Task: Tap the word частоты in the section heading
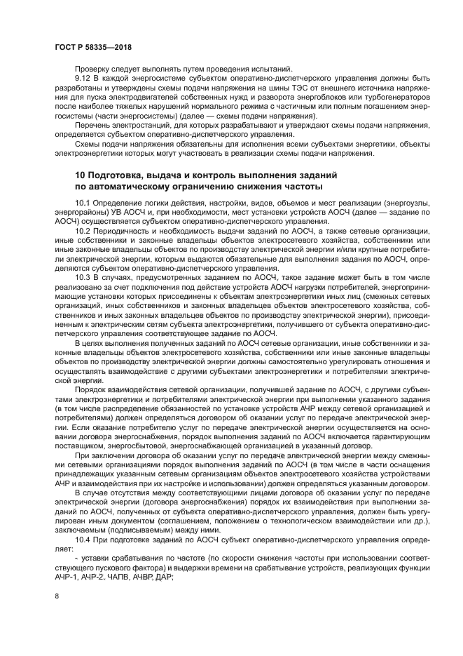[x=298, y=187]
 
